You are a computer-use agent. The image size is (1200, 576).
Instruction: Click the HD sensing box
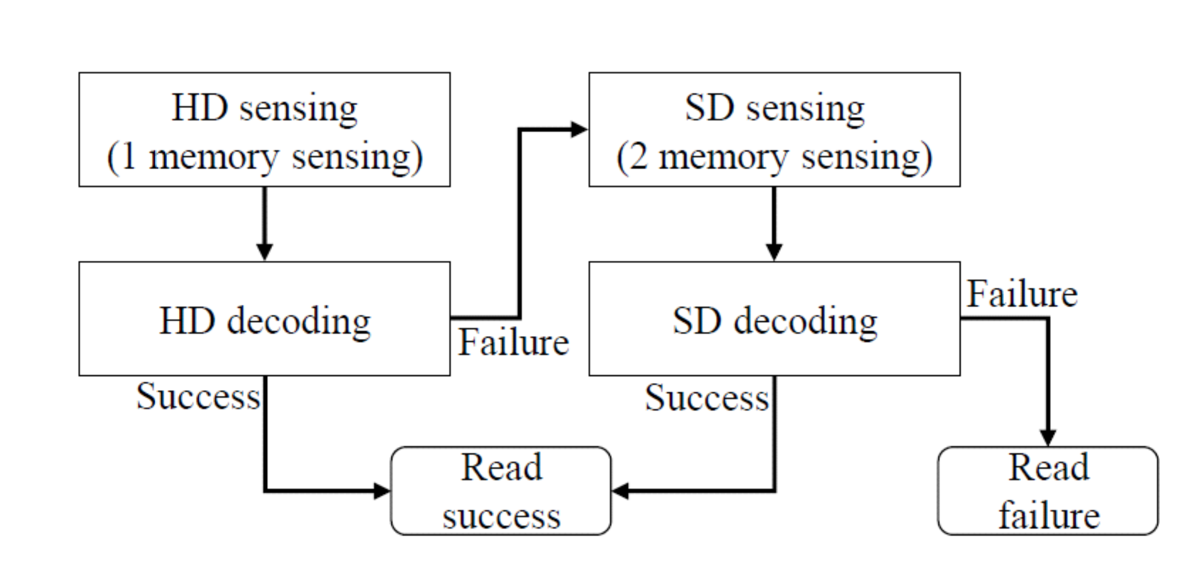(x=264, y=130)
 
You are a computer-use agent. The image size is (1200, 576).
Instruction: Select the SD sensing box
(x=774, y=130)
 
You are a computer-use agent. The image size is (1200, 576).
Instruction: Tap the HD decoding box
(x=264, y=319)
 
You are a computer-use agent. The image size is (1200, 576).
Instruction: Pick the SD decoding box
(x=774, y=319)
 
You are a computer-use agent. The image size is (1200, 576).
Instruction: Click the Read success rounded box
(x=501, y=491)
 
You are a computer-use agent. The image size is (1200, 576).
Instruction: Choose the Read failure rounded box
(x=1047, y=491)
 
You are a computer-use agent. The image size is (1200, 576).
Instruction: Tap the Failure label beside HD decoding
(x=513, y=342)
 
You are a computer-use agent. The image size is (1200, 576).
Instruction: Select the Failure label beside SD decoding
(x=1022, y=294)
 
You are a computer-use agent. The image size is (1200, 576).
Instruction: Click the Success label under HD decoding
(x=198, y=396)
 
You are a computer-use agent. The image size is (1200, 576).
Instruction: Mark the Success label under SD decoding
(x=707, y=398)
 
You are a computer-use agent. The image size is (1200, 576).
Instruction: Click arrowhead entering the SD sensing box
(x=579, y=130)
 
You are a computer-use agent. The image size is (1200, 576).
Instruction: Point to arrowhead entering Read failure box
(x=1047, y=438)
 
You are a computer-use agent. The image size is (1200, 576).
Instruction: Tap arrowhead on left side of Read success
(x=382, y=491)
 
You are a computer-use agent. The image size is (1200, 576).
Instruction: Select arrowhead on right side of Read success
(x=621, y=491)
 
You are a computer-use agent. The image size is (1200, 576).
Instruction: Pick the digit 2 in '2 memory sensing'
(x=638, y=157)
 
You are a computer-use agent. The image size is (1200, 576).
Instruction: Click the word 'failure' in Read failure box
(x=1049, y=516)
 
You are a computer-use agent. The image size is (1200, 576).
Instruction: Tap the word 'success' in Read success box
(x=501, y=517)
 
